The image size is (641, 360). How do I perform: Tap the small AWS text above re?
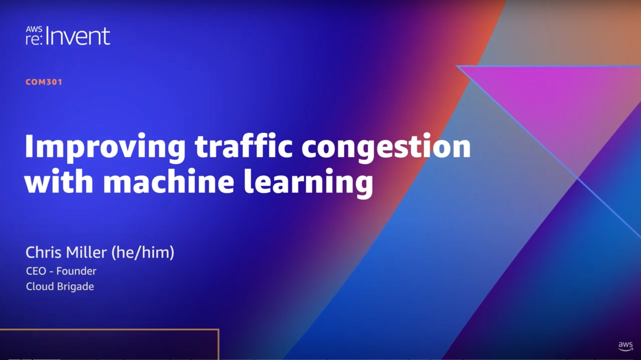click(34, 29)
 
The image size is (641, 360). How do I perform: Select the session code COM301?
click(44, 82)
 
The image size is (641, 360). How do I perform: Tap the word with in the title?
click(59, 181)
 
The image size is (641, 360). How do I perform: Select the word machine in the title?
click(169, 181)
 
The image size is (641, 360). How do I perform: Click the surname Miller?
click(86, 252)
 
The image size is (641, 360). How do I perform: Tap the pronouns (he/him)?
click(142, 253)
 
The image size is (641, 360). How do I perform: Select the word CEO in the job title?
click(36, 271)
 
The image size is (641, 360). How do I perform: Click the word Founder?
click(76, 271)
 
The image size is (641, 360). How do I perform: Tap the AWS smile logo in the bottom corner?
click(626, 346)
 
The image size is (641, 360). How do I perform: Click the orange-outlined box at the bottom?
click(218, 344)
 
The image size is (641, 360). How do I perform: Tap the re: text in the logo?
click(34, 39)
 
